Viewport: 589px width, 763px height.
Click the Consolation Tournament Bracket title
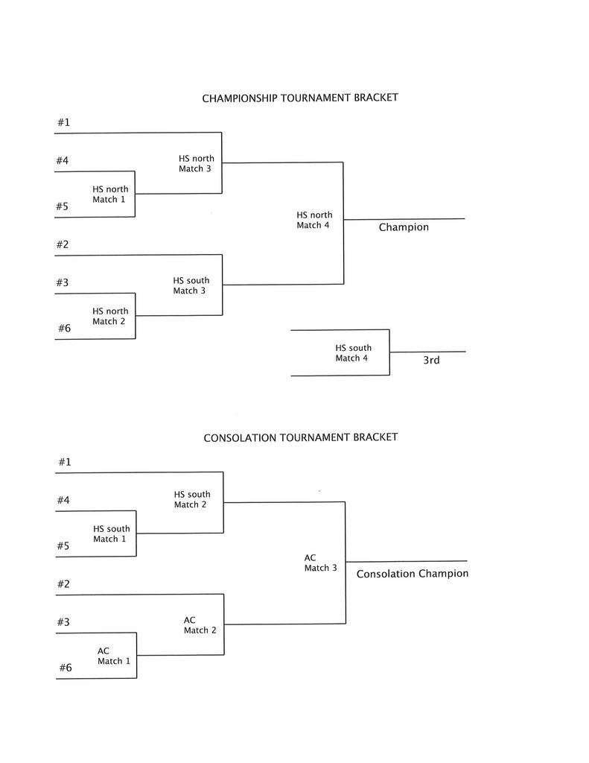pyautogui.click(x=301, y=437)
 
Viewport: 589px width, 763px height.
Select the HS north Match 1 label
pyautogui.click(x=110, y=194)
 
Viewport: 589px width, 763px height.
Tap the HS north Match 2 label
pyautogui.click(x=110, y=317)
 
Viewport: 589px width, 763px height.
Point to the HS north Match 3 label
pyautogui.click(x=196, y=164)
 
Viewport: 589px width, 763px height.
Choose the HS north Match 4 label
pyautogui.click(x=314, y=221)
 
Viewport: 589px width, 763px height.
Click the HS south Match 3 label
pyautogui.click(x=191, y=286)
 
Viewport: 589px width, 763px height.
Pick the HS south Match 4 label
pyautogui.click(x=353, y=353)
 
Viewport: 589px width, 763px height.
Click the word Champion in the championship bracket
pyautogui.click(x=404, y=227)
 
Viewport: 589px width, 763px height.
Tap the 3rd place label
pyautogui.click(x=431, y=361)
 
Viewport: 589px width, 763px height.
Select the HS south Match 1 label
pyautogui.click(x=111, y=534)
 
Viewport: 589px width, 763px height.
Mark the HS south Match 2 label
pyautogui.click(x=192, y=499)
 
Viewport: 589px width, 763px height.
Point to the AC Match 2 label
pyautogui.click(x=200, y=625)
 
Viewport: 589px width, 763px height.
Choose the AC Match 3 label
pyautogui.click(x=320, y=563)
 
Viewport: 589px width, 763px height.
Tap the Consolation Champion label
pyautogui.click(x=413, y=574)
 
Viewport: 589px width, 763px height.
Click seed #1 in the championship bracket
pyautogui.click(x=63, y=122)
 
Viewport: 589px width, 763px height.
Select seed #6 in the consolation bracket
pyautogui.click(x=66, y=668)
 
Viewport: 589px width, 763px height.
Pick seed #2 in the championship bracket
pyautogui.click(x=63, y=244)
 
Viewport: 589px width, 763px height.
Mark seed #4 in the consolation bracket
pyautogui.click(x=64, y=500)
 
